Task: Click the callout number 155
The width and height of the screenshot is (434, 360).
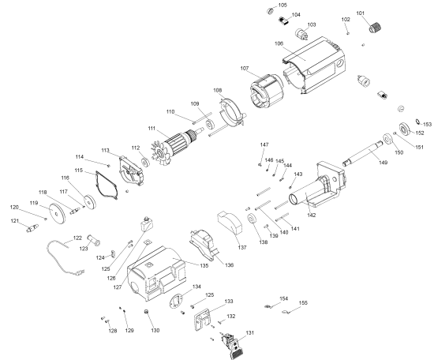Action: [x=303, y=303]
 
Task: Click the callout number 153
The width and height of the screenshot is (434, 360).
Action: [x=427, y=124]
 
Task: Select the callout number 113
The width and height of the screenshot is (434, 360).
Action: [x=105, y=150]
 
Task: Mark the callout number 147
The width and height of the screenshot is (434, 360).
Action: [x=264, y=145]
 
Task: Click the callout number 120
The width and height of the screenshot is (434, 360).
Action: [x=13, y=208]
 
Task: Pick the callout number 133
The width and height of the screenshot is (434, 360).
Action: [x=229, y=302]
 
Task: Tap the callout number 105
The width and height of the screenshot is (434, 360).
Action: [x=282, y=6]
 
